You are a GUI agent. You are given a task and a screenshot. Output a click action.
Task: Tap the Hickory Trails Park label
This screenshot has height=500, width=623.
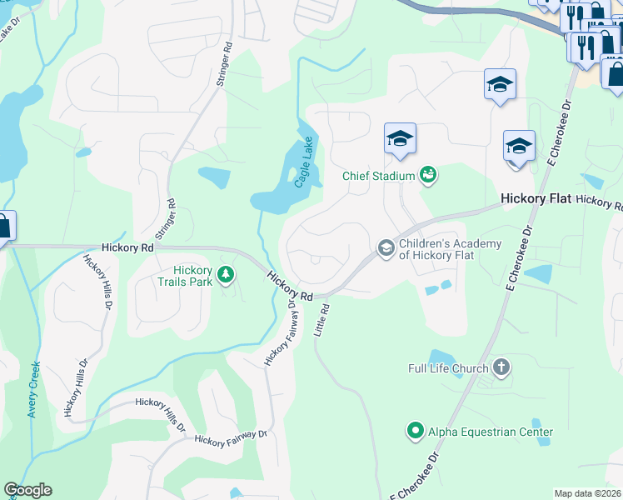click(x=193, y=276)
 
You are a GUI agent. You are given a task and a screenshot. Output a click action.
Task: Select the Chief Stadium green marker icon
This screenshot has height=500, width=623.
click(x=428, y=174)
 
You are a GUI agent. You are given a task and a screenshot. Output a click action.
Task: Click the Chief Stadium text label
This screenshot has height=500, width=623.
click(x=379, y=176)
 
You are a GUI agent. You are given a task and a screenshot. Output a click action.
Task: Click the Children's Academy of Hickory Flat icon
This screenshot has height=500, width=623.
click(x=386, y=247)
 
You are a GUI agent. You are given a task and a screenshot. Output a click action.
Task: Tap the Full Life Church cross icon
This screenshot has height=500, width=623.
click(x=501, y=367)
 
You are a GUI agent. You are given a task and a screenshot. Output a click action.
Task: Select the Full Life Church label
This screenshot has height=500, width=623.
click(x=448, y=368)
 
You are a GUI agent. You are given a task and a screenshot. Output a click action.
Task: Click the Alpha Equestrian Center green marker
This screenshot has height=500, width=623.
click(x=415, y=431)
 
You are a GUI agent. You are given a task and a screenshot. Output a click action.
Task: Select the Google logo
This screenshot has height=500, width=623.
click(x=27, y=490)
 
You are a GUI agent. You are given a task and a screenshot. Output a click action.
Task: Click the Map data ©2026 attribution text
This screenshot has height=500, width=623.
click(x=588, y=493)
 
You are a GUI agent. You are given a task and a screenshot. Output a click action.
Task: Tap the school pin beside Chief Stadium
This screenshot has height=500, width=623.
click(x=400, y=140)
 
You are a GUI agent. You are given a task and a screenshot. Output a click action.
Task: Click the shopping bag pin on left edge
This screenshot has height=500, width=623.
click(x=3, y=227)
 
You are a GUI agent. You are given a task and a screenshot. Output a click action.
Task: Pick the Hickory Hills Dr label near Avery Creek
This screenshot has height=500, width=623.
click(x=77, y=387)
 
